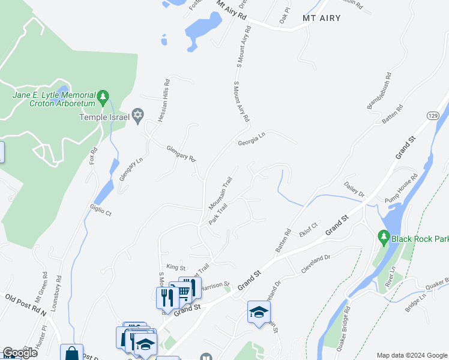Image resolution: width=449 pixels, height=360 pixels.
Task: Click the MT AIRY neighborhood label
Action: pos(321,18)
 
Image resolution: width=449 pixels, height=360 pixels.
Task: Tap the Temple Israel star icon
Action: pos(137,115)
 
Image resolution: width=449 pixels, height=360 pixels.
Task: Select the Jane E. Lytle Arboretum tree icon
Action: pos(103,96)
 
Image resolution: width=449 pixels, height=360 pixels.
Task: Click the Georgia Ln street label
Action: pos(251,140)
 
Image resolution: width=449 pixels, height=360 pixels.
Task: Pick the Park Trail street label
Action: pos(218,214)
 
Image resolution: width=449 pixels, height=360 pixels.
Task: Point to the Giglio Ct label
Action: pos(100,209)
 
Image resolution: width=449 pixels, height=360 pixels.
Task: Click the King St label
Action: pos(176,266)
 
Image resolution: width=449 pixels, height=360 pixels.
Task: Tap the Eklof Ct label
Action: pos(308,229)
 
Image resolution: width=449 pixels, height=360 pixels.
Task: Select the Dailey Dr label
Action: pos(354,188)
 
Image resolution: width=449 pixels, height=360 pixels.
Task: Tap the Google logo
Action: pos(19,352)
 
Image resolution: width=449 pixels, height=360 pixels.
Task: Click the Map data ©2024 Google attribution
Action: pos(412,355)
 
